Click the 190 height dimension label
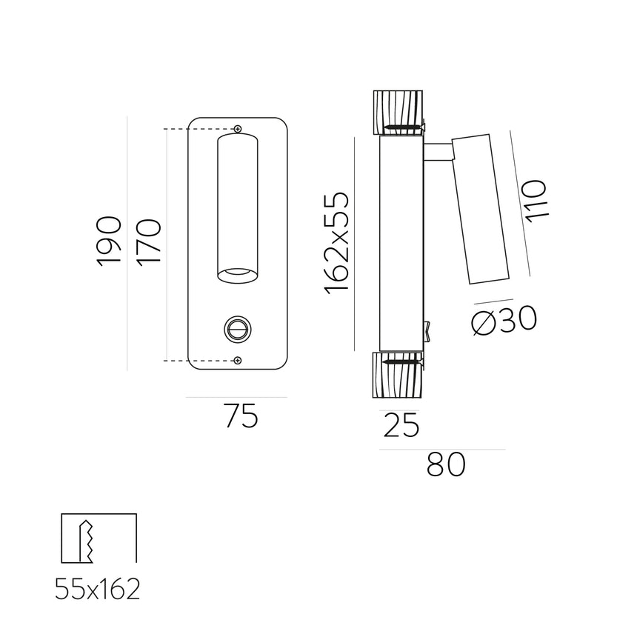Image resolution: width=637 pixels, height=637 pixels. coord(109,241)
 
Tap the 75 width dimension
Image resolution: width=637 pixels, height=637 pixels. coord(241,418)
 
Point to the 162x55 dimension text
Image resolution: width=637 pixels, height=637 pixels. coord(336,241)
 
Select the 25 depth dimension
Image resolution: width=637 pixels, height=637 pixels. coord(401,426)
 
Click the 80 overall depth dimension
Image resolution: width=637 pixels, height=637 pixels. coord(446,465)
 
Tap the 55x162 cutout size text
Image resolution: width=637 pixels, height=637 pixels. coord(98,590)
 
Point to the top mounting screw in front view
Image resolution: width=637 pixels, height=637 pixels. coord(238,130)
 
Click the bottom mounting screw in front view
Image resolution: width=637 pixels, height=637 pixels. coord(238,360)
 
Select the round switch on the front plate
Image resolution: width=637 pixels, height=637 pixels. coord(238,328)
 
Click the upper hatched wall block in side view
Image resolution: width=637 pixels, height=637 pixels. coord(398,113)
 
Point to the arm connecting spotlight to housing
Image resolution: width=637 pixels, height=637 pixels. coord(438,152)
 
